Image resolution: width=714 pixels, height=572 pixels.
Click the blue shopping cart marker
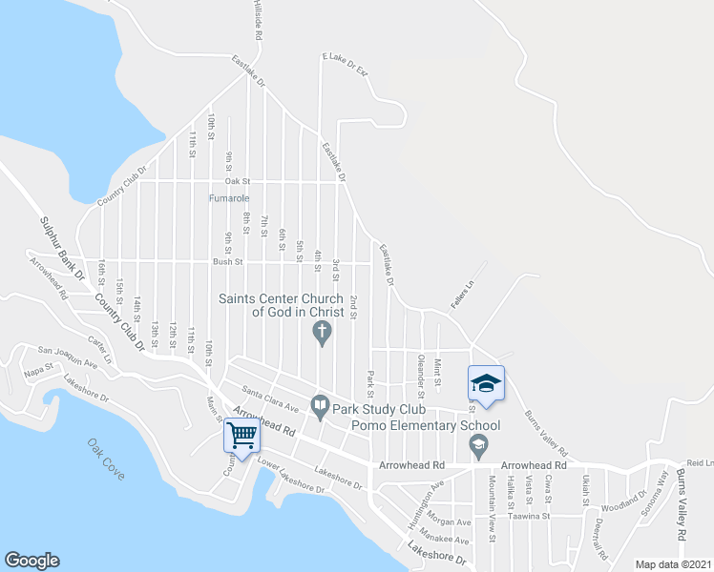point(241,436)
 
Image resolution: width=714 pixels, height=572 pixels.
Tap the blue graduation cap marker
point(485,383)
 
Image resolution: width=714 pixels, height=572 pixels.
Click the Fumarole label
point(229,198)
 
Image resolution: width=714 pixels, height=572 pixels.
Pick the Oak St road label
point(237,180)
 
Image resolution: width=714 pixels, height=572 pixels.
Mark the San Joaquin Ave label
point(68,357)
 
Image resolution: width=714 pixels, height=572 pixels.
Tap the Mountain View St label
point(492,523)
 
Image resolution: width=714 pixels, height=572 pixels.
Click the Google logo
point(31,561)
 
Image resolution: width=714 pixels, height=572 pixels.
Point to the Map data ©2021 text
point(674,564)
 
